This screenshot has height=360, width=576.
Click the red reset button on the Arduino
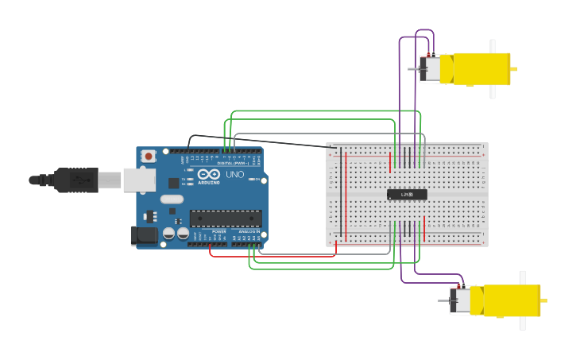149,157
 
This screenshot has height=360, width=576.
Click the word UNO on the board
235,175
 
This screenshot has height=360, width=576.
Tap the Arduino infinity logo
209,175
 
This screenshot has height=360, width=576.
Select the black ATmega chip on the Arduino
225,218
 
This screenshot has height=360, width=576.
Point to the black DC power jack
142,235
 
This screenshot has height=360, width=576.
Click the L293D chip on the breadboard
407,194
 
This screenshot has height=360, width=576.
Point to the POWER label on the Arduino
219,231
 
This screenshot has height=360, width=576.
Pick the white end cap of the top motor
430,69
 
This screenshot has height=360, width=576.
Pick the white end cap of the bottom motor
460,300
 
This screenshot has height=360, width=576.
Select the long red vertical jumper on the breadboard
346,195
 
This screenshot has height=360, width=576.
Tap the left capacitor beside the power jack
169,234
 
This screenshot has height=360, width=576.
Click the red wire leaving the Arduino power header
270,256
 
